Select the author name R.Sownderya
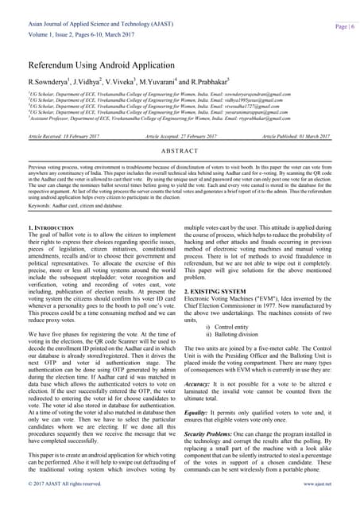[48, 82]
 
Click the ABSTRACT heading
[180, 151]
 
